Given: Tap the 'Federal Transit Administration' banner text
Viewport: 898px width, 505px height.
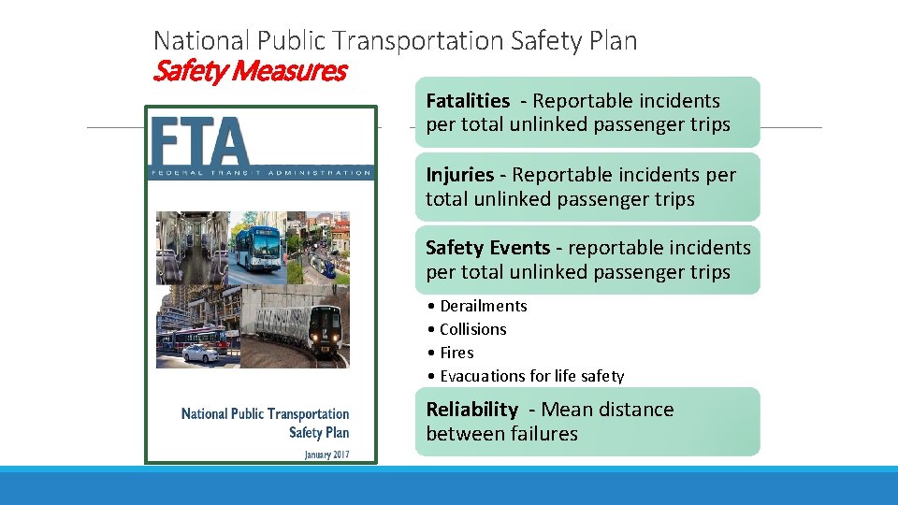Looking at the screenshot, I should click(261, 172).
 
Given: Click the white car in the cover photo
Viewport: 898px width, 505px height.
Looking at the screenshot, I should click(201, 353).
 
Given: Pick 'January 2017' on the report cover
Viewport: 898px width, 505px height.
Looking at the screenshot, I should click(326, 454).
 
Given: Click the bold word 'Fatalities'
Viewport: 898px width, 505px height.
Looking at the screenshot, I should click(468, 101).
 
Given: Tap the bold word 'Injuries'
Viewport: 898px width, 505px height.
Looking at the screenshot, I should click(459, 175).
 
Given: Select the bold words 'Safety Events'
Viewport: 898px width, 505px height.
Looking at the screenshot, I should click(487, 248).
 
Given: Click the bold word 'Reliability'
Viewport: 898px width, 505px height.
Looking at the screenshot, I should click(471, 410).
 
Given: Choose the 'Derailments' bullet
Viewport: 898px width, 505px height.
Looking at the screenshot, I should click(483, 306).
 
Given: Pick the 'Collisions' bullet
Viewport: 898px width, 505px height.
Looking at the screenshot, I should click(472, 329).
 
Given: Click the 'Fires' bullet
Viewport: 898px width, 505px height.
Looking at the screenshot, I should click(456, 353).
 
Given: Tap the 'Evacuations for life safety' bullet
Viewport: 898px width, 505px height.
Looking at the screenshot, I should click(531, 376).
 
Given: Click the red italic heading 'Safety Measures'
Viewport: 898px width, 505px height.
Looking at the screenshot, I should click(250, 70).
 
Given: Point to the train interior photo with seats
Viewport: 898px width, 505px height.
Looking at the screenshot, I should click(191, 247).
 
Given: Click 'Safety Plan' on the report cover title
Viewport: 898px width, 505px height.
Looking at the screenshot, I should click(319, 432).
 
